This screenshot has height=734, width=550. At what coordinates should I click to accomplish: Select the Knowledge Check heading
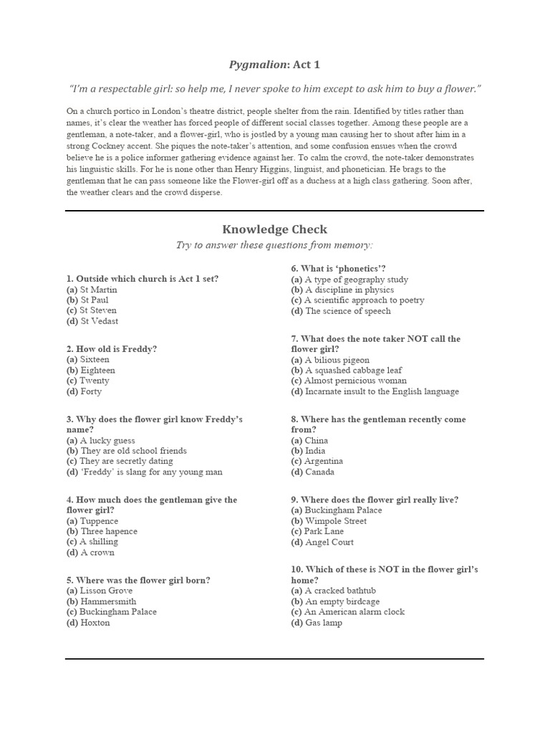click(x=274, y=229)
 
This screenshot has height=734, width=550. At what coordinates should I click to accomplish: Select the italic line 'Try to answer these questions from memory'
click(x=274, y=245)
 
